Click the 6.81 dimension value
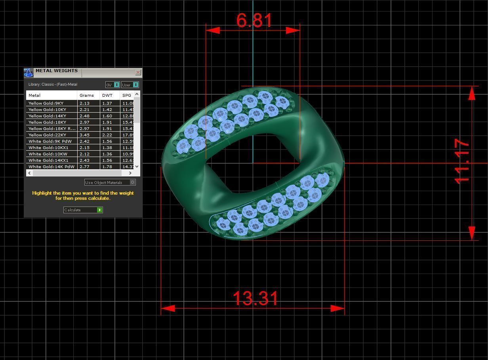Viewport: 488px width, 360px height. click(x=254, y=21)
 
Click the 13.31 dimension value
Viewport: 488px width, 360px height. click(x=255, y=299)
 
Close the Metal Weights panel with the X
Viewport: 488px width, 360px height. click(x=138, y=72)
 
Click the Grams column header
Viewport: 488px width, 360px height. click(x=87, y=95)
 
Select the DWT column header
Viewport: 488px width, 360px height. click(x=107, y=95)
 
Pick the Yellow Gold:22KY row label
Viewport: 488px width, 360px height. click(x=47, y=135)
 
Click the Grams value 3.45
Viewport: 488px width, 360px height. click(x=84, y=135)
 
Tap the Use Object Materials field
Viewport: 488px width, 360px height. click(x=107, y=182)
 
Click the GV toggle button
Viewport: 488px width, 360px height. click(x=112, y=85)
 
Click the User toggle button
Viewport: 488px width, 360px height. click(x=130, y=85)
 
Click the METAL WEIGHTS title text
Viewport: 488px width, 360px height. click(x=57, y=71)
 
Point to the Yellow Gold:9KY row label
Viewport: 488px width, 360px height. click(x=46, y=103)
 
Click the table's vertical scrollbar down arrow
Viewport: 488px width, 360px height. click(x=137, y=167)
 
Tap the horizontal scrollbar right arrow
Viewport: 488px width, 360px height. click(x=130, y=173)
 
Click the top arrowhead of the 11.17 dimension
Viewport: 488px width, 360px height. click(x=472, y=93)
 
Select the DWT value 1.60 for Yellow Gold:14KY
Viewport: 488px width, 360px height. click(x=107, y=116)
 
